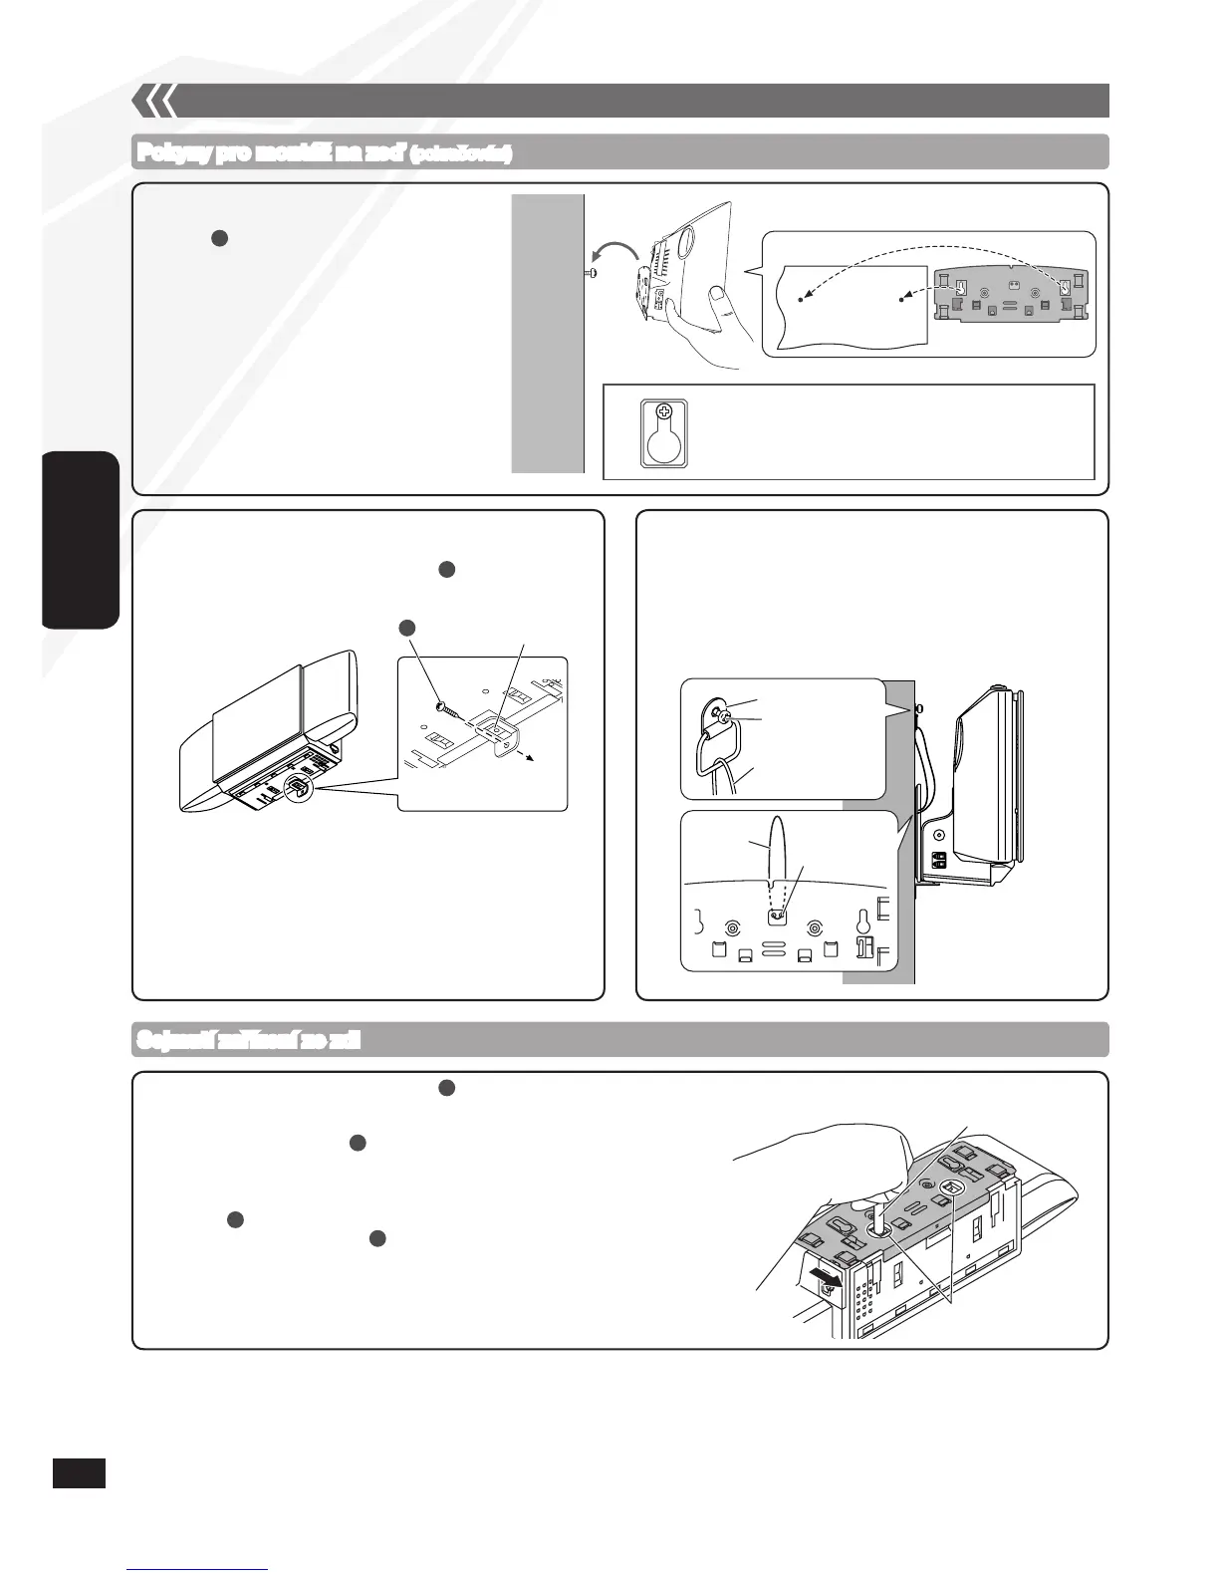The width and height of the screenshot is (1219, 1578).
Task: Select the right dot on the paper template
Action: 901,298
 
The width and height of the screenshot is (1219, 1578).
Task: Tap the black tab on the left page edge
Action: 81,539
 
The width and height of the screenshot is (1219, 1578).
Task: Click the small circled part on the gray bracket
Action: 951,1188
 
